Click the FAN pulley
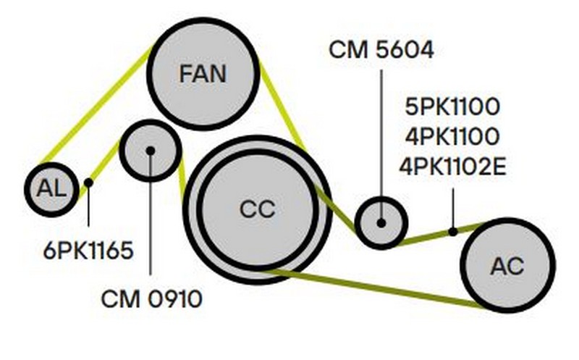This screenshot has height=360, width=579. tap(203, 73)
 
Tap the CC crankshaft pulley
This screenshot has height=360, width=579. tap(257, 211)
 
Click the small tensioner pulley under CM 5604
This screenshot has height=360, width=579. tap(381, 222)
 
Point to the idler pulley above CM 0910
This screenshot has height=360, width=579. tap(150, 151)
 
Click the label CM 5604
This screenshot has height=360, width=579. tap(381, 50)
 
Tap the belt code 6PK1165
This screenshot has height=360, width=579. tap(88, 251)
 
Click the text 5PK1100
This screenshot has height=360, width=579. tap(453, 108)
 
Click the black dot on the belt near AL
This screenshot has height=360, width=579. tap(88, 183)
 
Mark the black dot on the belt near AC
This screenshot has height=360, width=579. tap(453, 232)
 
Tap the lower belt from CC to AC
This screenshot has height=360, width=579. tap(376, 288)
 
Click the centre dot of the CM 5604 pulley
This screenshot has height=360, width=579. tap(381, 222)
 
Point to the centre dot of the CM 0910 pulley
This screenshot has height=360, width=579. tap(150, 151)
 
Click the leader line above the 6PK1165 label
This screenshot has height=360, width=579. tap(88, 210)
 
